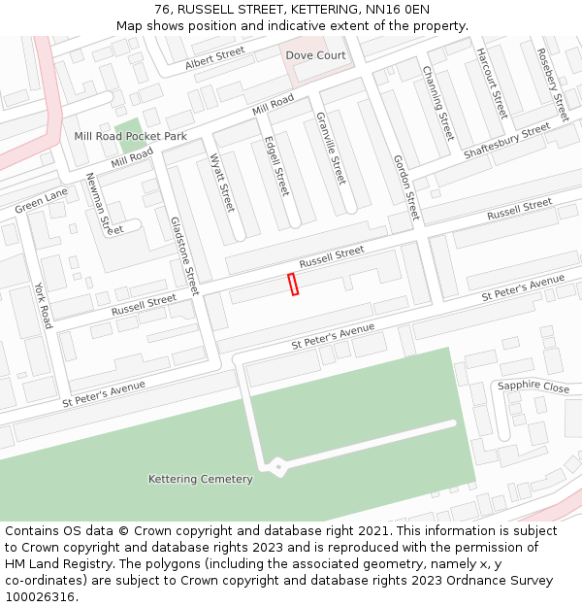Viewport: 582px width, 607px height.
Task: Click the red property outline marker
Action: pyautogui.click(x=293, y=284)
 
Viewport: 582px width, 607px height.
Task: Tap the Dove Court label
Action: pyautogui.click(x=315, y=55)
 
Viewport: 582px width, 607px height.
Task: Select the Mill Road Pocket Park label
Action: pyautogui.click(x=130, y=137)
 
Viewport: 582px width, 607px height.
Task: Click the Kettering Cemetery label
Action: pyautogui.click(x=200, y=479)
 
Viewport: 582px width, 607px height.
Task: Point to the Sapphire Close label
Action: pyautogui.click(x=533, y=387)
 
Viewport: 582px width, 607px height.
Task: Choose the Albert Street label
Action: pyautogui.click(x=215, y=57)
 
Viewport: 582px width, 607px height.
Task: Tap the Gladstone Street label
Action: pyautogui.click(x=184, y=255)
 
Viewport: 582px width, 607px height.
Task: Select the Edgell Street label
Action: pyautogui.click(x=276, y=165)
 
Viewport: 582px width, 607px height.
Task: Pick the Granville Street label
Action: pyautogui.click(x=331, y=148)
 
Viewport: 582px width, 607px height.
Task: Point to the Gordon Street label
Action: pyautogui.click(x=405, y=186)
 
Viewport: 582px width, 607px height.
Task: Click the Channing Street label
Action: pyautogui.click(x=438, y=103)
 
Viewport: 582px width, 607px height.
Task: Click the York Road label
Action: pyautogui.click(x=43, y=305)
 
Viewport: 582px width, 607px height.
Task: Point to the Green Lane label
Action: pyautogui.click(x=42, y=201)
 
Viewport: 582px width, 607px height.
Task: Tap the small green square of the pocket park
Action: pyautogui.click(x=127, y=127)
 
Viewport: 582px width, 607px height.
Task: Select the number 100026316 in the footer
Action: pyautogui.click(x=40, y=597)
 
